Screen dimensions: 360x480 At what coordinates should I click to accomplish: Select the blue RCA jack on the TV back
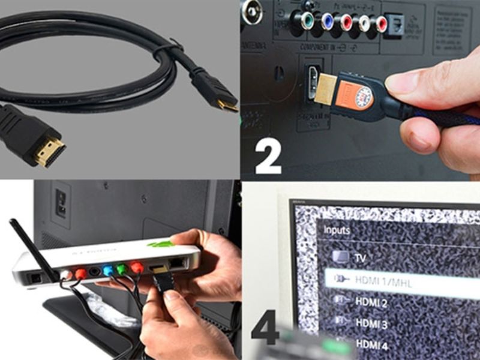tap(327, 22)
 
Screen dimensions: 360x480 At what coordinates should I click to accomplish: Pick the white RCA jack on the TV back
tap(364, 23)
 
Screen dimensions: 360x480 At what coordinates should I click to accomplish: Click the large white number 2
tap(268, 158)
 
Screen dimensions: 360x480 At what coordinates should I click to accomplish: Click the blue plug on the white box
tap(108, 271)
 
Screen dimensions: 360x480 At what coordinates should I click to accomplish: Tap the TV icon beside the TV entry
tap(340, 257)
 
